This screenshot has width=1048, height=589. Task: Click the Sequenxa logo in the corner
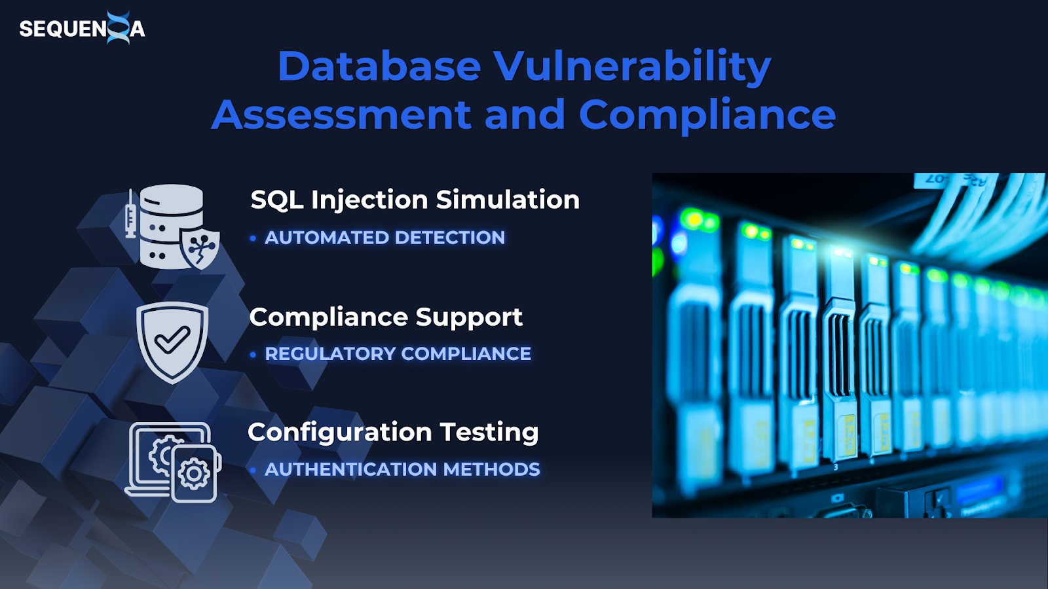(83, 28)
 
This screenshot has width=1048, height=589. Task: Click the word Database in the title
(379, 66)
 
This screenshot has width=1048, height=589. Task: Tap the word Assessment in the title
(341, 115)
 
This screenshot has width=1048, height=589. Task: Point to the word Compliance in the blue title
(707, 115)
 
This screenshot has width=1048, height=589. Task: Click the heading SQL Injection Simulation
(415, 200)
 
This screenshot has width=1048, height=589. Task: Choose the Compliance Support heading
(386, 317)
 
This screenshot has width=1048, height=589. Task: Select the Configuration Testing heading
(393, 433)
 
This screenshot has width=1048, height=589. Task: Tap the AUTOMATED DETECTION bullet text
(384, 238)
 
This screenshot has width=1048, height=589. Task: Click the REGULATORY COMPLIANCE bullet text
(398, 354)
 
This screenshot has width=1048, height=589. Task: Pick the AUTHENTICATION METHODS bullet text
(402, 469)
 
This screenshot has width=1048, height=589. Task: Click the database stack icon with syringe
(172, 226)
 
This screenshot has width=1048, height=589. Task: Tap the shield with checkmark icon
(172, 342)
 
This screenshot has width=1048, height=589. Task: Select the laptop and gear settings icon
(173, 462)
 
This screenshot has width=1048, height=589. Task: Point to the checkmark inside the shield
(172, 340)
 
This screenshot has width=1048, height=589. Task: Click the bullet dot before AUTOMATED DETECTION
(253, 238)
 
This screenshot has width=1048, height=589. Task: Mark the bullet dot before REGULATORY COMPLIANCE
(253, 355)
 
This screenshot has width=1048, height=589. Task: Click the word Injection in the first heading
(369, 201)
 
